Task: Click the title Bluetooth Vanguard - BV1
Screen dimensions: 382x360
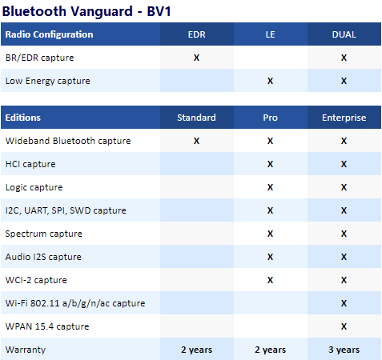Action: (86, 11)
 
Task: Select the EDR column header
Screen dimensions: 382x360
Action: (197, 34)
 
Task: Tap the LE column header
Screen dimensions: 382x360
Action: (270, 34)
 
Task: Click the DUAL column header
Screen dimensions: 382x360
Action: (344, 34)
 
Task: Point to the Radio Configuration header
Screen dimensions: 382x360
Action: (49, 34)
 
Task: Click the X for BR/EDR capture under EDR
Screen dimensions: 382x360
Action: (196, 58)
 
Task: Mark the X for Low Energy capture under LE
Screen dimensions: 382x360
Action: (270, 81)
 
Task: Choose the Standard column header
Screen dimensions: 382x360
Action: (196, 118)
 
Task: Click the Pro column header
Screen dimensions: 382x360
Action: (270, 118)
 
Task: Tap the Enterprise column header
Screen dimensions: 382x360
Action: (344, 118)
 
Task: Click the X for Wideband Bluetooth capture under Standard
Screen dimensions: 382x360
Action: (196, 141)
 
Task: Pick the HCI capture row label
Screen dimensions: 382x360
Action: (30, 164)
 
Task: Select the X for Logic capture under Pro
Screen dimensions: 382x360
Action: (270, 187)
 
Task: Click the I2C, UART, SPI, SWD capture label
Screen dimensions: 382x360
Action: (66, 210)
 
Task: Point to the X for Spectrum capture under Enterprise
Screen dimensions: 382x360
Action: (344, 234)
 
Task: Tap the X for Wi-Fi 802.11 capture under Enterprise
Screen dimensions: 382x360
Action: (344, 303)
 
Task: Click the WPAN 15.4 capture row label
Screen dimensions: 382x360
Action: (47, 326)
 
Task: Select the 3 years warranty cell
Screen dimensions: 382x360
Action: (344, 350)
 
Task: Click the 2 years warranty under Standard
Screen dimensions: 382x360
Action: (196, 350)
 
